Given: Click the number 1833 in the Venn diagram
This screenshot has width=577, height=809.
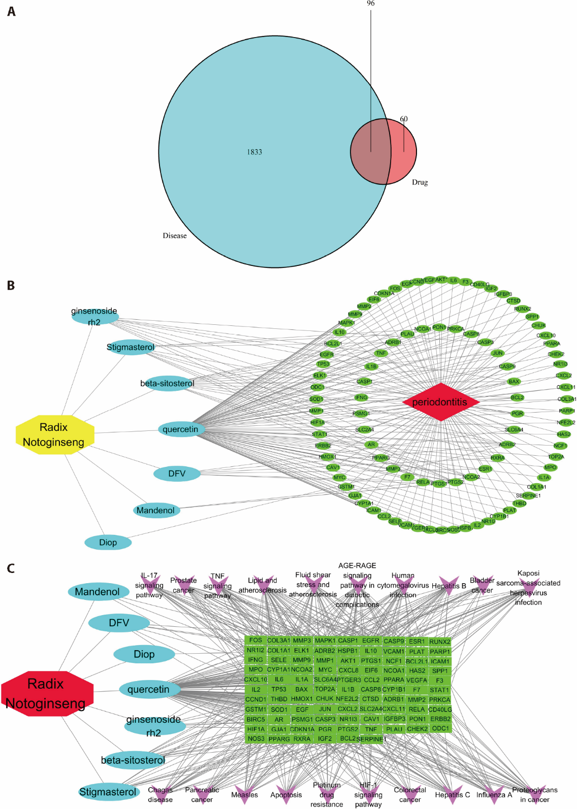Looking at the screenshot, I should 254,152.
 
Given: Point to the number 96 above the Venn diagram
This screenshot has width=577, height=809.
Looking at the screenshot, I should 371,4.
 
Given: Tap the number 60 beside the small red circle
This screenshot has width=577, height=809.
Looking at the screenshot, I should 404,119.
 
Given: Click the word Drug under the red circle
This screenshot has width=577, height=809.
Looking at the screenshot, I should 420,182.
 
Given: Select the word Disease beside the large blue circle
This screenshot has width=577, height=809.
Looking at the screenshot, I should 175,236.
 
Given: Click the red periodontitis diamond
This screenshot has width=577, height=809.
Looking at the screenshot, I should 440,402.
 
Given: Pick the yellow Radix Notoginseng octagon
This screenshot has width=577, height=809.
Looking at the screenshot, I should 55,434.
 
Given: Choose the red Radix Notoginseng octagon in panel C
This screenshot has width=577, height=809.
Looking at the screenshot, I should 47,694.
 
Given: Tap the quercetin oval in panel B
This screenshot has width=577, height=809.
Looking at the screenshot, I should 180,429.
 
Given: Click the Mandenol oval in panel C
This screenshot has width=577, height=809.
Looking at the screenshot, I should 98,592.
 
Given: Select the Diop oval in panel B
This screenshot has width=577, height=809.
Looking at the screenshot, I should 108,543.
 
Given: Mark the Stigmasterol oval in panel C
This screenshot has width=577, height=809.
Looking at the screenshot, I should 108,792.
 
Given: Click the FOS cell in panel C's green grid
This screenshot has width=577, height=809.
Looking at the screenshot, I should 255,641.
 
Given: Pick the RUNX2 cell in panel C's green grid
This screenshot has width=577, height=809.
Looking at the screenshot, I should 440,642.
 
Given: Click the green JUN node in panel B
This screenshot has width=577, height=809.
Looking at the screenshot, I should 498,353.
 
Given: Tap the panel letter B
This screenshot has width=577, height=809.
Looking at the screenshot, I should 11,286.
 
